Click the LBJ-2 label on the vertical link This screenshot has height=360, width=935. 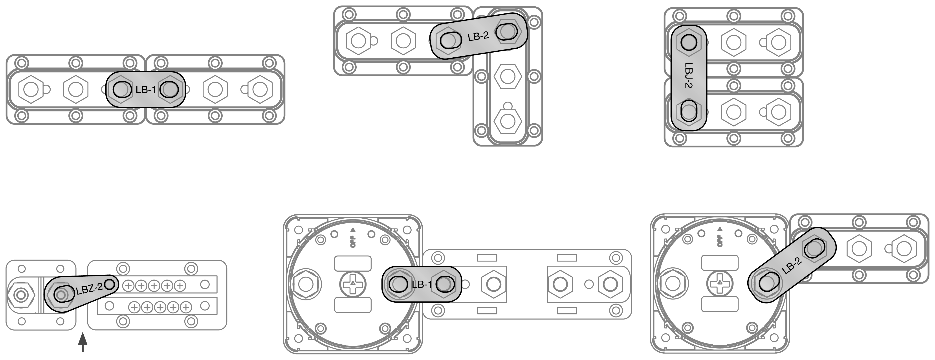[689, 75]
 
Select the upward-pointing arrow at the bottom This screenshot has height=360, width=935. [83, 342]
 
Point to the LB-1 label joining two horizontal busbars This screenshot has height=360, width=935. [146, 90]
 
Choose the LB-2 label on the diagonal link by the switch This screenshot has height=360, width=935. [791, 266]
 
